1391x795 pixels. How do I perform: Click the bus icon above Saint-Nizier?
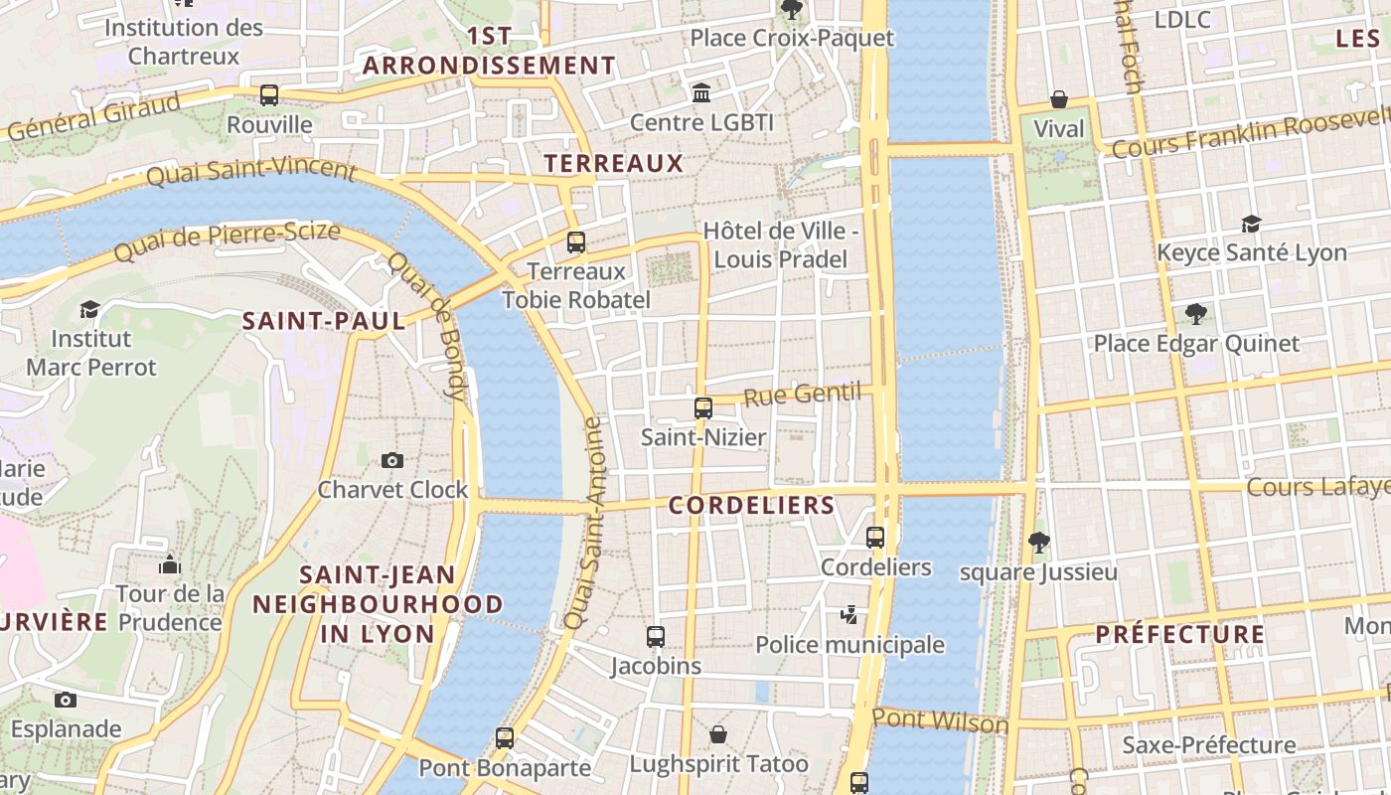pyautogui.click(x=702, y=407)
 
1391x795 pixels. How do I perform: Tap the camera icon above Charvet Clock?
pyautogui.click(x=392, y=460)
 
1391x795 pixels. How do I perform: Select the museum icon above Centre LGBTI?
pyautogui.click(x=701, y=93)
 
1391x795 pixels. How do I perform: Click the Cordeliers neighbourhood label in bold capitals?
pyautogui.click(x=751, y=505)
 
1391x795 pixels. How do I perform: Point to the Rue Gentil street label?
pyautogui.click(x=802, y=395)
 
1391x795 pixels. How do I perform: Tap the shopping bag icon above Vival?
pyautogui.click(x=1059, y=99)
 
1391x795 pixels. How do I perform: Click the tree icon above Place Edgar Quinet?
pyautogui.click(x=1196, y=314)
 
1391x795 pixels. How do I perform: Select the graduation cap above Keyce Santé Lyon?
pyautogui.click(x=1251, y=224)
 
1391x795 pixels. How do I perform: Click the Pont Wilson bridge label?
pyautogui.click(x=940, y=720)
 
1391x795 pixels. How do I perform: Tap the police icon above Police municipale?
pyautogui.click(x=850, y=615)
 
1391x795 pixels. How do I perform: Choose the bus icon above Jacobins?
pyautogui.click(x=656, y=637)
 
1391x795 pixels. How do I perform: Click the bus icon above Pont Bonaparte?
pyautogui.click(x=505, y=738)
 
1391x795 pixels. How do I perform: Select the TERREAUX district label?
pyautogui.click(x=614, y=164)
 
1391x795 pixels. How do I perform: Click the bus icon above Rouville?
pyautogui.click(x=269, y=95)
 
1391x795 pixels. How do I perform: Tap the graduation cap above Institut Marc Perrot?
pyautogui.click(x=90, y=309)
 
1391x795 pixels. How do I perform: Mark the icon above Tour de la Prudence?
pyautogui.click(x=170, y=565)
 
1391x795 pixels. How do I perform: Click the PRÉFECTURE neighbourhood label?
pyautogui.click(x=1179, y=634)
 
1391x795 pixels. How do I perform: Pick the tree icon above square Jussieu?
pyautogui.click(x=1039, y=543)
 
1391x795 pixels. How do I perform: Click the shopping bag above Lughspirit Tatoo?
pyautogui.click(x=718, y=734)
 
